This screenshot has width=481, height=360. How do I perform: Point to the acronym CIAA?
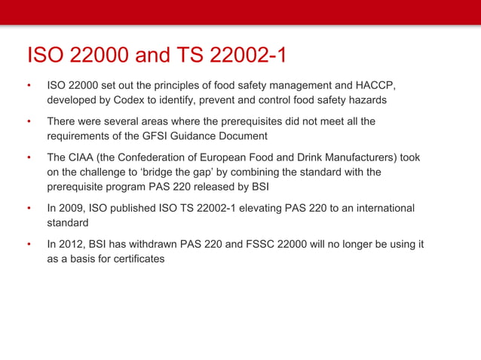[85, 158]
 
